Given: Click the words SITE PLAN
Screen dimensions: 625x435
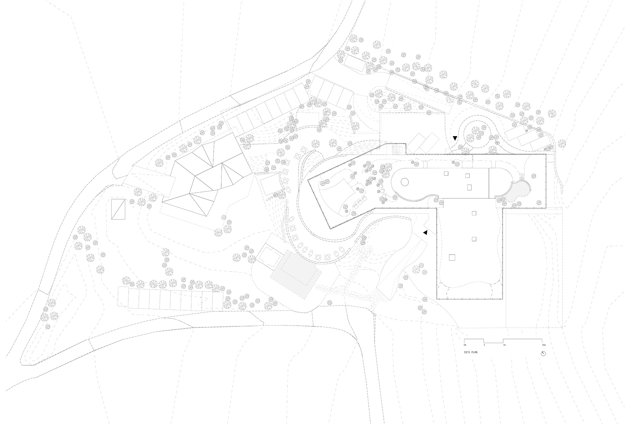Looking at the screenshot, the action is coord(471,352).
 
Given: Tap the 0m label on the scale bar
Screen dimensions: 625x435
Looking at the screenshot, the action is coord(465,345).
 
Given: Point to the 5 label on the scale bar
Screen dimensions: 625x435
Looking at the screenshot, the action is coord(484,345).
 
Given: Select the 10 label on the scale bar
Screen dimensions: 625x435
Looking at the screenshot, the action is coord(504,345).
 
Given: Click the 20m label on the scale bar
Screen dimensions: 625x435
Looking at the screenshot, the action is coord(544,345).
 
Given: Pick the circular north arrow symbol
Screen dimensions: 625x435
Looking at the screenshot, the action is coord(543,353).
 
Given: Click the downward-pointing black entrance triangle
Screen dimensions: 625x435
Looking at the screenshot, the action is coord(455,138).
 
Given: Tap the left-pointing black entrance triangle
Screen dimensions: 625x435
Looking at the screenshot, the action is coord(425,232).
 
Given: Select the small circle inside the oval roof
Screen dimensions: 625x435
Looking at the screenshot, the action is coord(404,183).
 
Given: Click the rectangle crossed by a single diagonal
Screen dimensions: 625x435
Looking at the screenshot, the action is coord(118,209).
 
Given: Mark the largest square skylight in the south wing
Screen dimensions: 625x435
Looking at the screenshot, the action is coord(452,257).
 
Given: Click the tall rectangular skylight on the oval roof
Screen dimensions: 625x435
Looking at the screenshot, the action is coord(469,187).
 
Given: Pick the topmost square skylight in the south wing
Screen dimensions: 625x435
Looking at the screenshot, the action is coord(474,213).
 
